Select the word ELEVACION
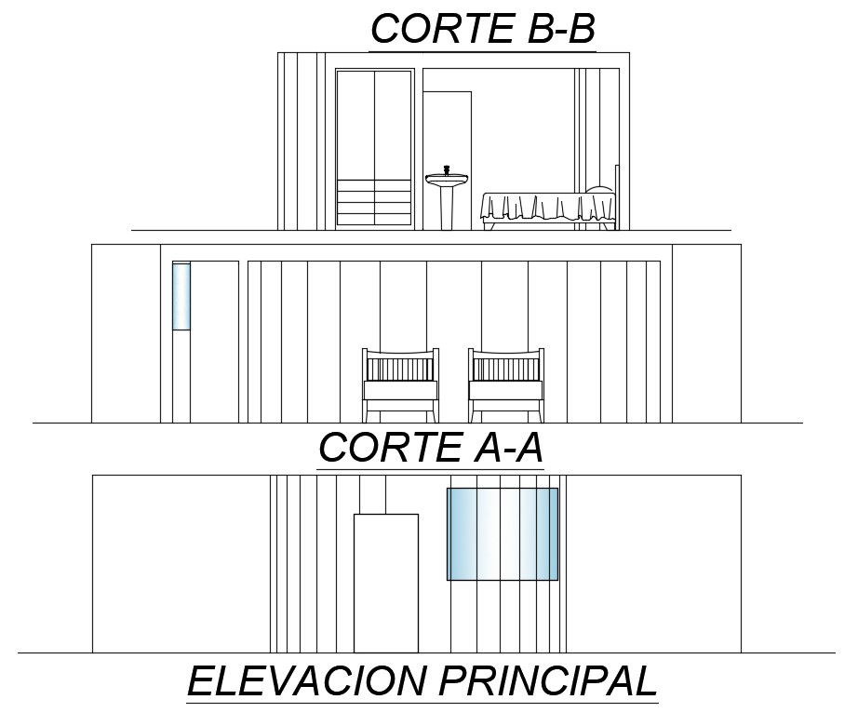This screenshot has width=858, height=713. click(x=306, y=680)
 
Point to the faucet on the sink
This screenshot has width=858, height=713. click(x=447, y=170)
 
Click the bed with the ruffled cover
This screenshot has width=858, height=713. click(x=547, y=209)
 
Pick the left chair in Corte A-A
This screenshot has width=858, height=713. click(x=400, y=384)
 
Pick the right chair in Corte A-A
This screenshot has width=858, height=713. click(x=506, y=384)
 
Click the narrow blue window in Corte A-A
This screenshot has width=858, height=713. click(x=181, y=296)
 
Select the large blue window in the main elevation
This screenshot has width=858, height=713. click(x=503, y=534)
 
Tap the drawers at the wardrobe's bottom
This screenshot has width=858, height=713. click(x=373, y=204)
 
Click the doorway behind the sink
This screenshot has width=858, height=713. click(x=448, y=130)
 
